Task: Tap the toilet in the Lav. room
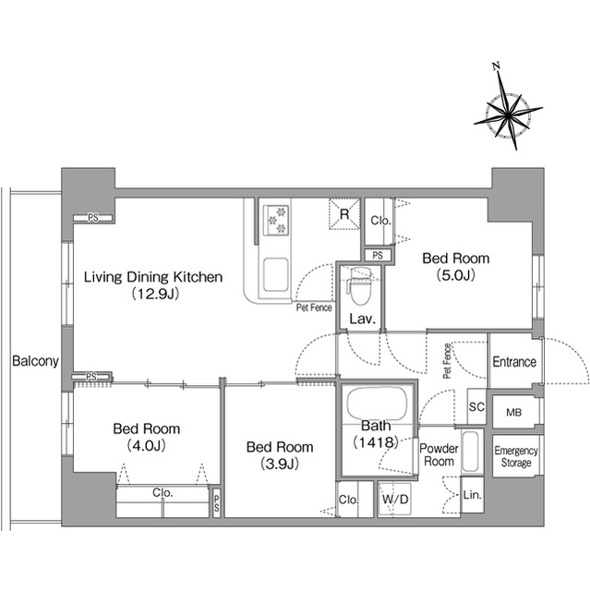click(360, 285)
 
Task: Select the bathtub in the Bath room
click(377, 403)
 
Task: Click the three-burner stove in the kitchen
click(276, 220)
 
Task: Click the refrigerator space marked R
click(344, 214)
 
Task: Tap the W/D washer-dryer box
click(394, 500)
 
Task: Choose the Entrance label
click(514, 362)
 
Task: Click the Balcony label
click(35, 361)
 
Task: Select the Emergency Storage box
click(516, 456)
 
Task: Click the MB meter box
click(514, 412)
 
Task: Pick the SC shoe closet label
click(476, 406)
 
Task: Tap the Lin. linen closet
click(472, 495)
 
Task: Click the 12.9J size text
click(155, 294)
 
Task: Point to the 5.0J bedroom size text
click(455, 275)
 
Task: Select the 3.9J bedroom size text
click(280, 464)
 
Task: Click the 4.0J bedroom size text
click(146, 446)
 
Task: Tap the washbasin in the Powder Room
click(472, 452)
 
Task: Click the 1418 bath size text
click(376, 441)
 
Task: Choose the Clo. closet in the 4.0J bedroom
click(163, 501)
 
